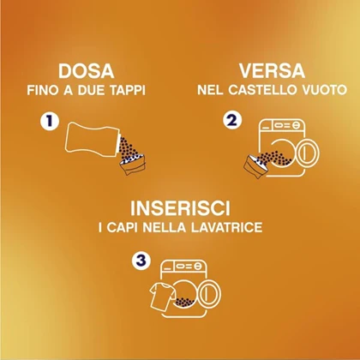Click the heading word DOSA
[x=87, y=71]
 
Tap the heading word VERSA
[x=272, y=71]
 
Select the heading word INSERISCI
[x=180, y=208]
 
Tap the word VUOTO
[x=324, y=90]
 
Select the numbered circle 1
[x=50, y=121]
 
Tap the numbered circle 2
[x=232, y=121]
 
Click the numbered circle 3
[x=141, y=261]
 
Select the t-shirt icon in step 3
[x=162, y=297]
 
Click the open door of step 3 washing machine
[x=211, y=294]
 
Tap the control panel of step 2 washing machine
[x=282, y=124]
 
